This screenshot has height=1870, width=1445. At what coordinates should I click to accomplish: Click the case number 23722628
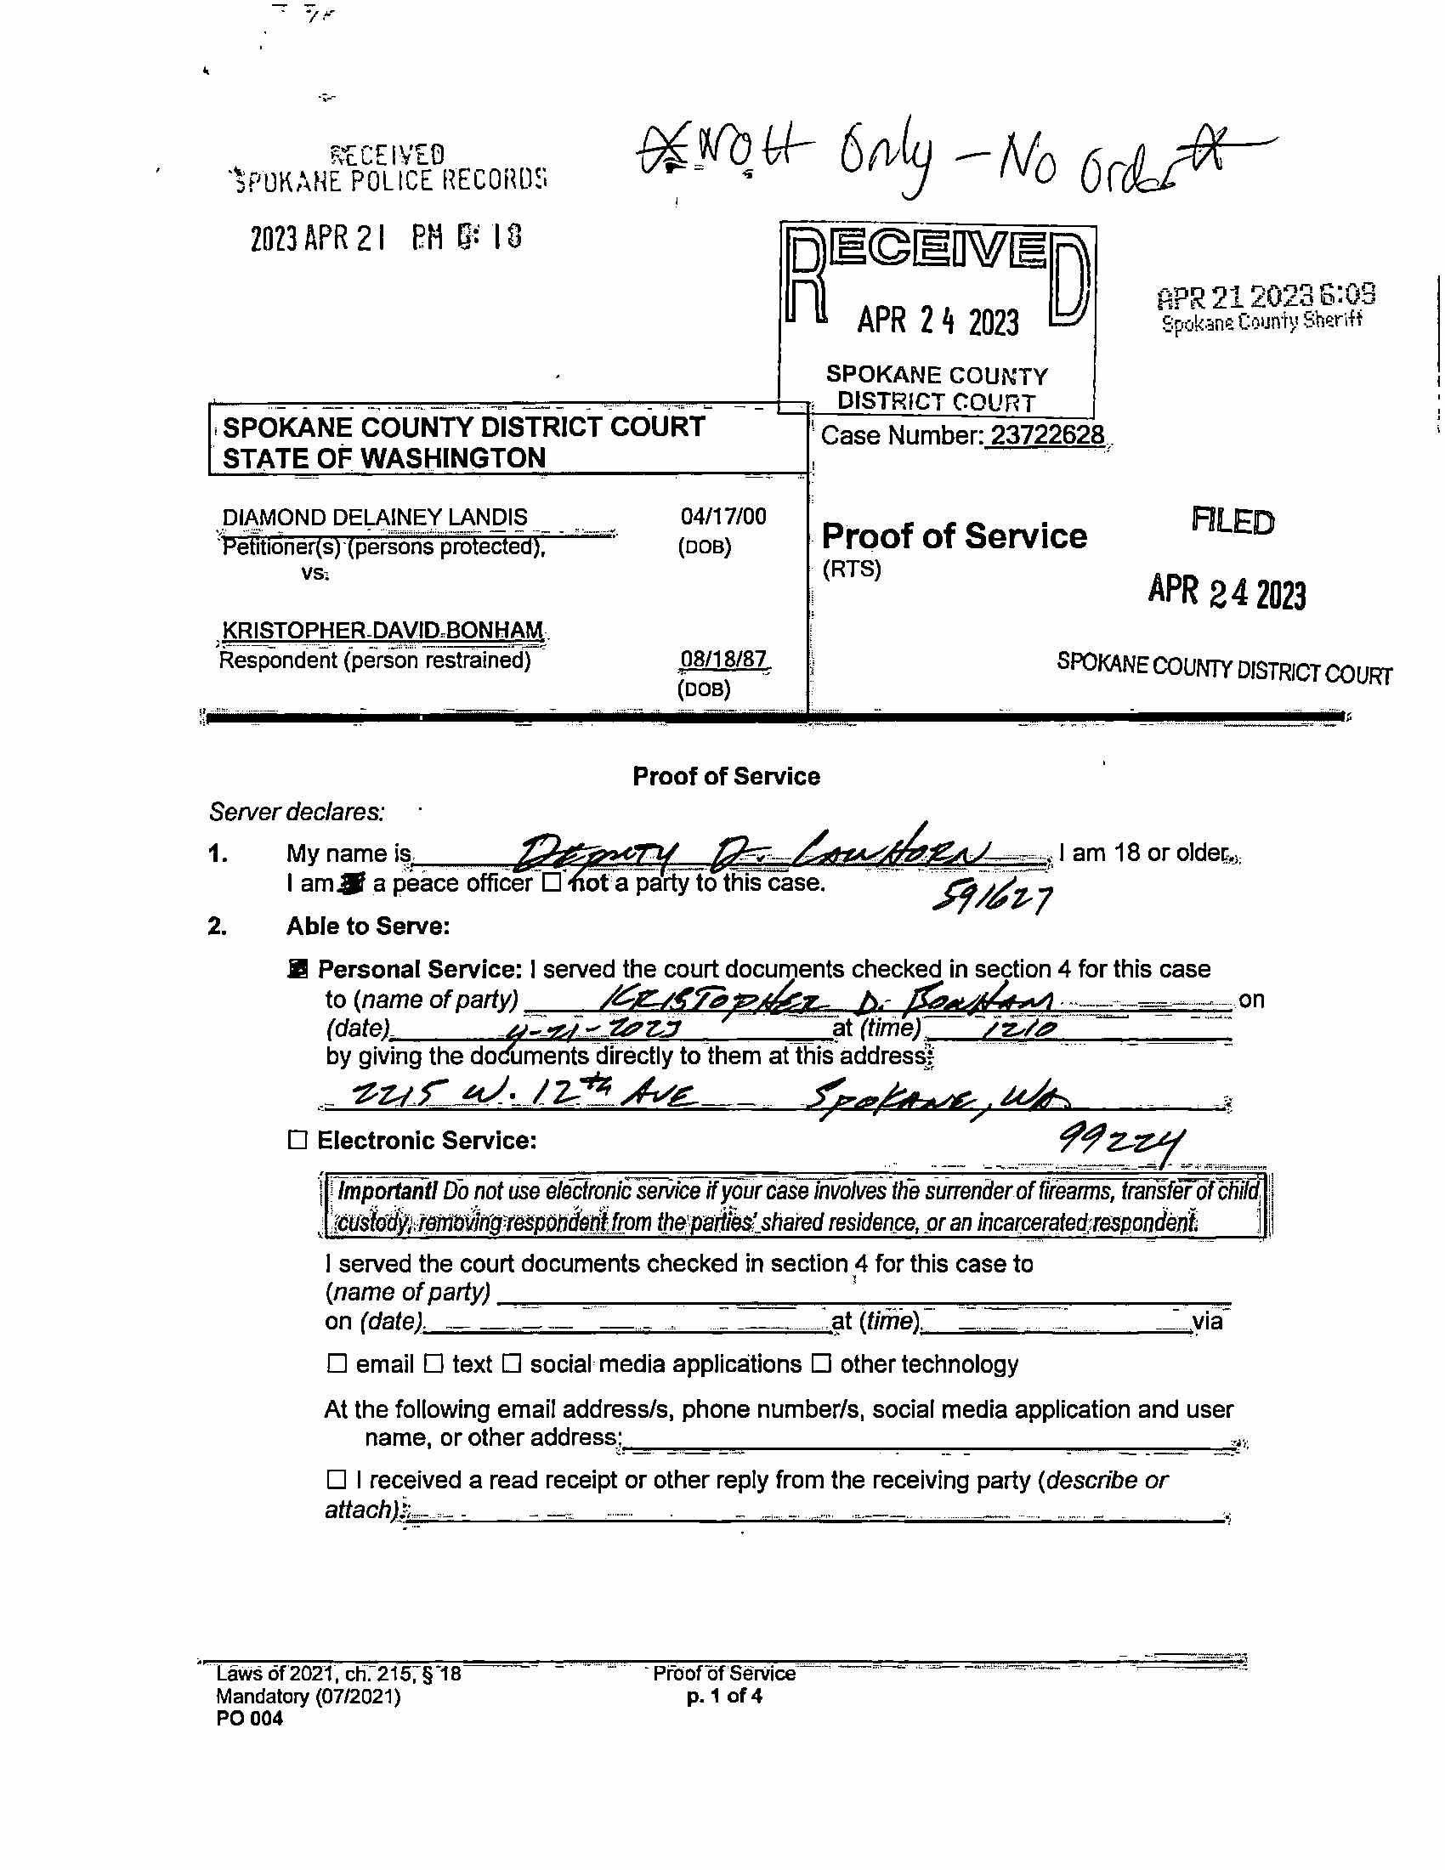point(1047,435)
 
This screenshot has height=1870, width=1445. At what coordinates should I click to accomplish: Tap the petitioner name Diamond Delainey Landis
point(374,517)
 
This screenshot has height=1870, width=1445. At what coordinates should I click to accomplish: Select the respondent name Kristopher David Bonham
point(382,630)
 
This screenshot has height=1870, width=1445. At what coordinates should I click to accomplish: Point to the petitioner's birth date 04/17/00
point(723,516)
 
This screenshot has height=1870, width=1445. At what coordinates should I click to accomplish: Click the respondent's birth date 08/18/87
point(723,659)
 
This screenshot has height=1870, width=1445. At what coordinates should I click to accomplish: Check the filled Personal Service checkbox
point(297,968)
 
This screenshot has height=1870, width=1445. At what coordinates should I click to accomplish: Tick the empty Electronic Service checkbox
point(297,1140)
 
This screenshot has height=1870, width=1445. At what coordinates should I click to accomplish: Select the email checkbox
point(337,1363)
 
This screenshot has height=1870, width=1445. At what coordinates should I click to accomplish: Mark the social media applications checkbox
point(511,1363)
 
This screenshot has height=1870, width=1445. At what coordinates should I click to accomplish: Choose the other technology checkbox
point(821,1363)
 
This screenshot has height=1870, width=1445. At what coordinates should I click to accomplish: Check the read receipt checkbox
point(337,1479)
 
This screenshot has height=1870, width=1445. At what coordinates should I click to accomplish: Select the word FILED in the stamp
point(1232,520)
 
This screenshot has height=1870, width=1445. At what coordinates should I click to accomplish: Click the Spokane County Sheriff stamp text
point(1261,322)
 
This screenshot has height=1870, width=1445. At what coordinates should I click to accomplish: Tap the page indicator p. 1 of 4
point(724,1697)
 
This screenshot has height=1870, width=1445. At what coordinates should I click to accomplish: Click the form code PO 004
point(249,1719)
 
